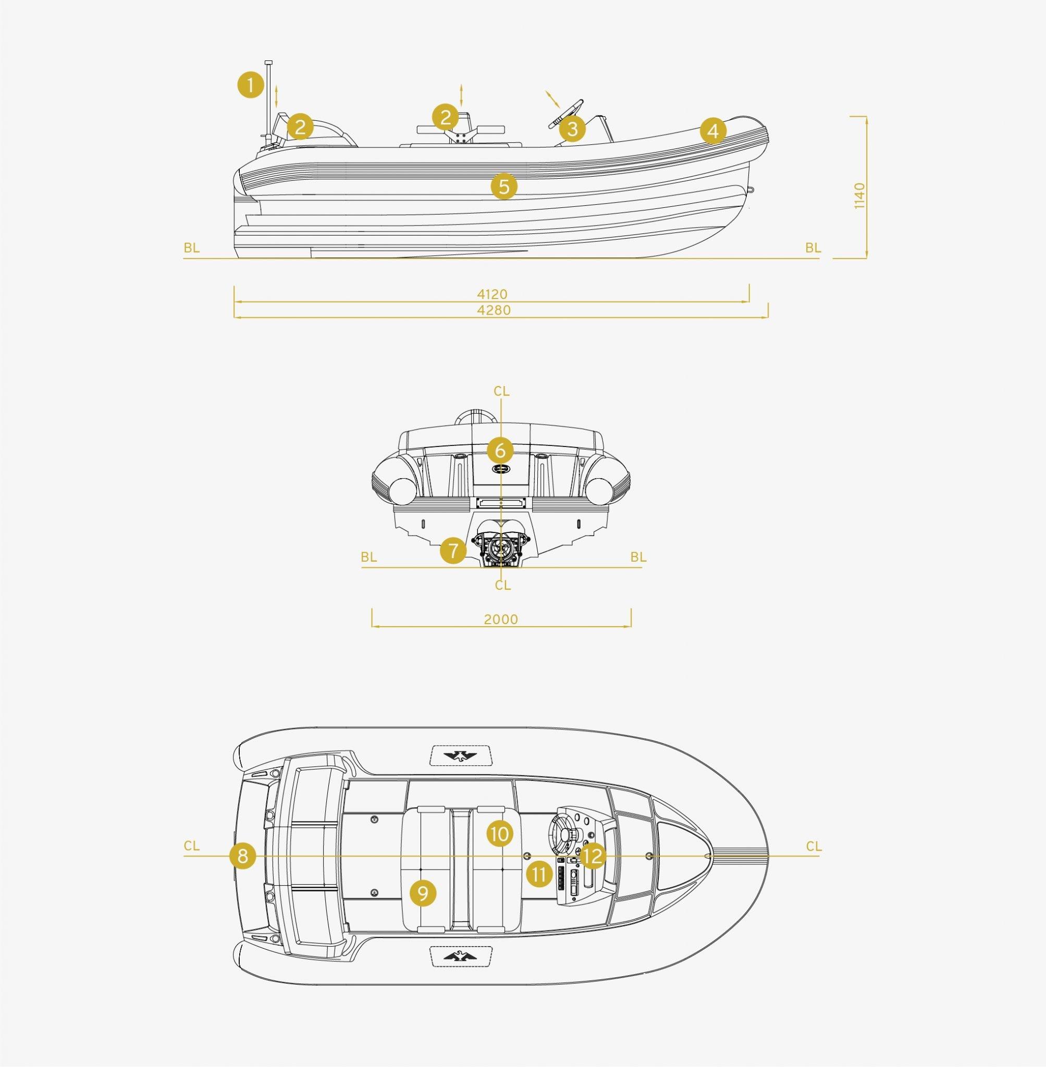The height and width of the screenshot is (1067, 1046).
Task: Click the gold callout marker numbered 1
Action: [x=250, y=85]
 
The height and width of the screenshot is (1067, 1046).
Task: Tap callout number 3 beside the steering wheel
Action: [x=572, y=130]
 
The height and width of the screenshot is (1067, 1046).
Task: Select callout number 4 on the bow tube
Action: [x=713, y=131]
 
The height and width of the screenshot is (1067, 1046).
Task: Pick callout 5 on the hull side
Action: [x=504, y=186]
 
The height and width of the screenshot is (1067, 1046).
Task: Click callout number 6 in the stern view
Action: [x=500, y=450]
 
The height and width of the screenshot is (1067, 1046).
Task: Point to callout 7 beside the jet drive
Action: [x=453, y=550]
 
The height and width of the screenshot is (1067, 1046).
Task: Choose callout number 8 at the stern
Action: [x=243, y=856]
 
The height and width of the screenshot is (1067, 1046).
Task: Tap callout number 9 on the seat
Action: [x=423, y=894]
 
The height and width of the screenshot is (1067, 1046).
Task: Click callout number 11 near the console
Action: [x=539, y=874]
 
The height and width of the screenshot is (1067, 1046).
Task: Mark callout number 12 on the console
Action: [x=592, y=856]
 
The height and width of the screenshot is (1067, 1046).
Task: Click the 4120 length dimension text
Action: [x=492, y=295]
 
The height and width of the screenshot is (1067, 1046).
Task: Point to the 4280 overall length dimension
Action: [x=494, y=311]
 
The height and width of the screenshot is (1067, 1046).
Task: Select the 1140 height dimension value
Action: [x=860, y=195]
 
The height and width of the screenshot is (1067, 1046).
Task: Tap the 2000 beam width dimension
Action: [x=501, y=620]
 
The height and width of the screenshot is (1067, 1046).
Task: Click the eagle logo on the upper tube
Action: [x=461, y=756]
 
